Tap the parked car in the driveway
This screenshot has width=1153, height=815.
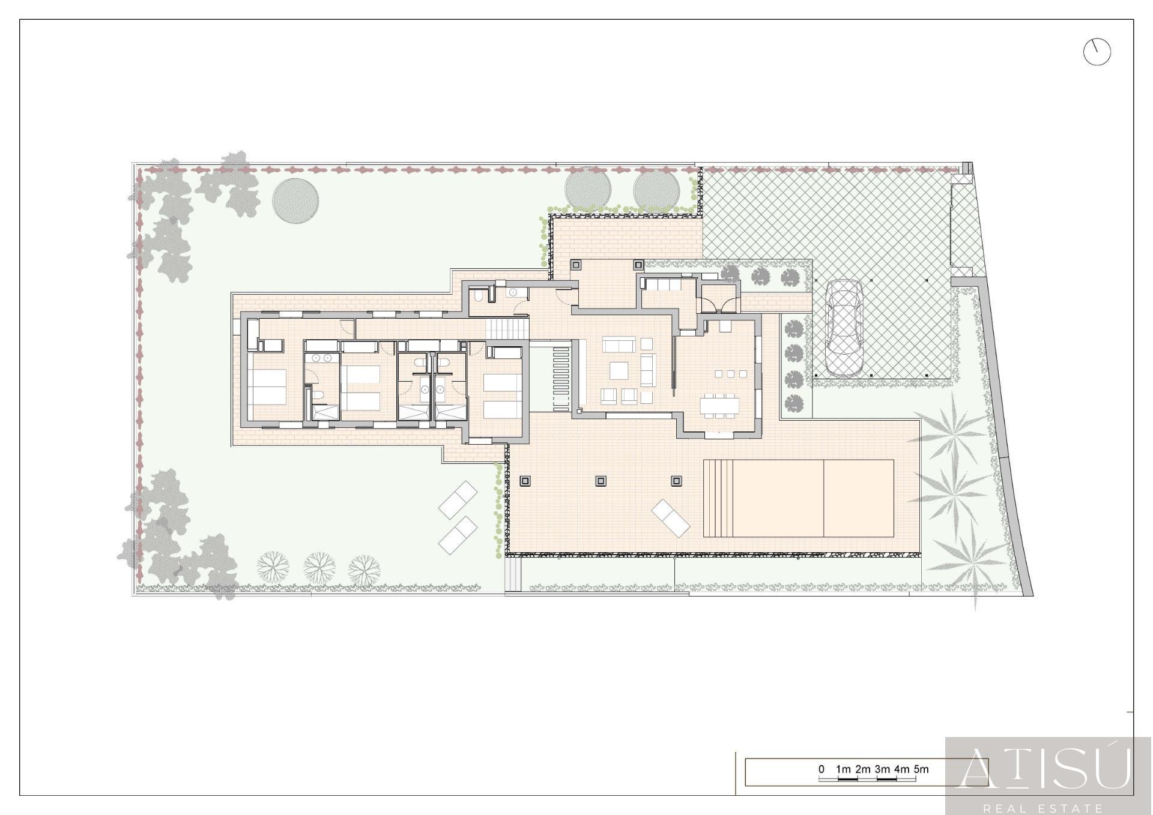coord(844,328)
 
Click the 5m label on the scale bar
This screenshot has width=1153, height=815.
coord(921,769)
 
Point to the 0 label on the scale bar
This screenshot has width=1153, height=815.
coord(822,769)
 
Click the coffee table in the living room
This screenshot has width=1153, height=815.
coord(619,370)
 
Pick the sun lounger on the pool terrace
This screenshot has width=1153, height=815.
coord(671,517)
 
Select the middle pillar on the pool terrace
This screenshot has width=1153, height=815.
coord(601,481)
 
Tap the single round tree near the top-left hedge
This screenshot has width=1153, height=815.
coord(295,200)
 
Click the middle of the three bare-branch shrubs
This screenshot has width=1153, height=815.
coord(319,567)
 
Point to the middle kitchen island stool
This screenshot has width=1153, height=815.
coord(730,374)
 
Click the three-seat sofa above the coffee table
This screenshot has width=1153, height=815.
coord(619,344)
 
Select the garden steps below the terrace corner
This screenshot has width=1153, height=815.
coord(513,575)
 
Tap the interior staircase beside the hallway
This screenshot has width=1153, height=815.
coord(507,328)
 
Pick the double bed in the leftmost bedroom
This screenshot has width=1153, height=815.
coord(268,387)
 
